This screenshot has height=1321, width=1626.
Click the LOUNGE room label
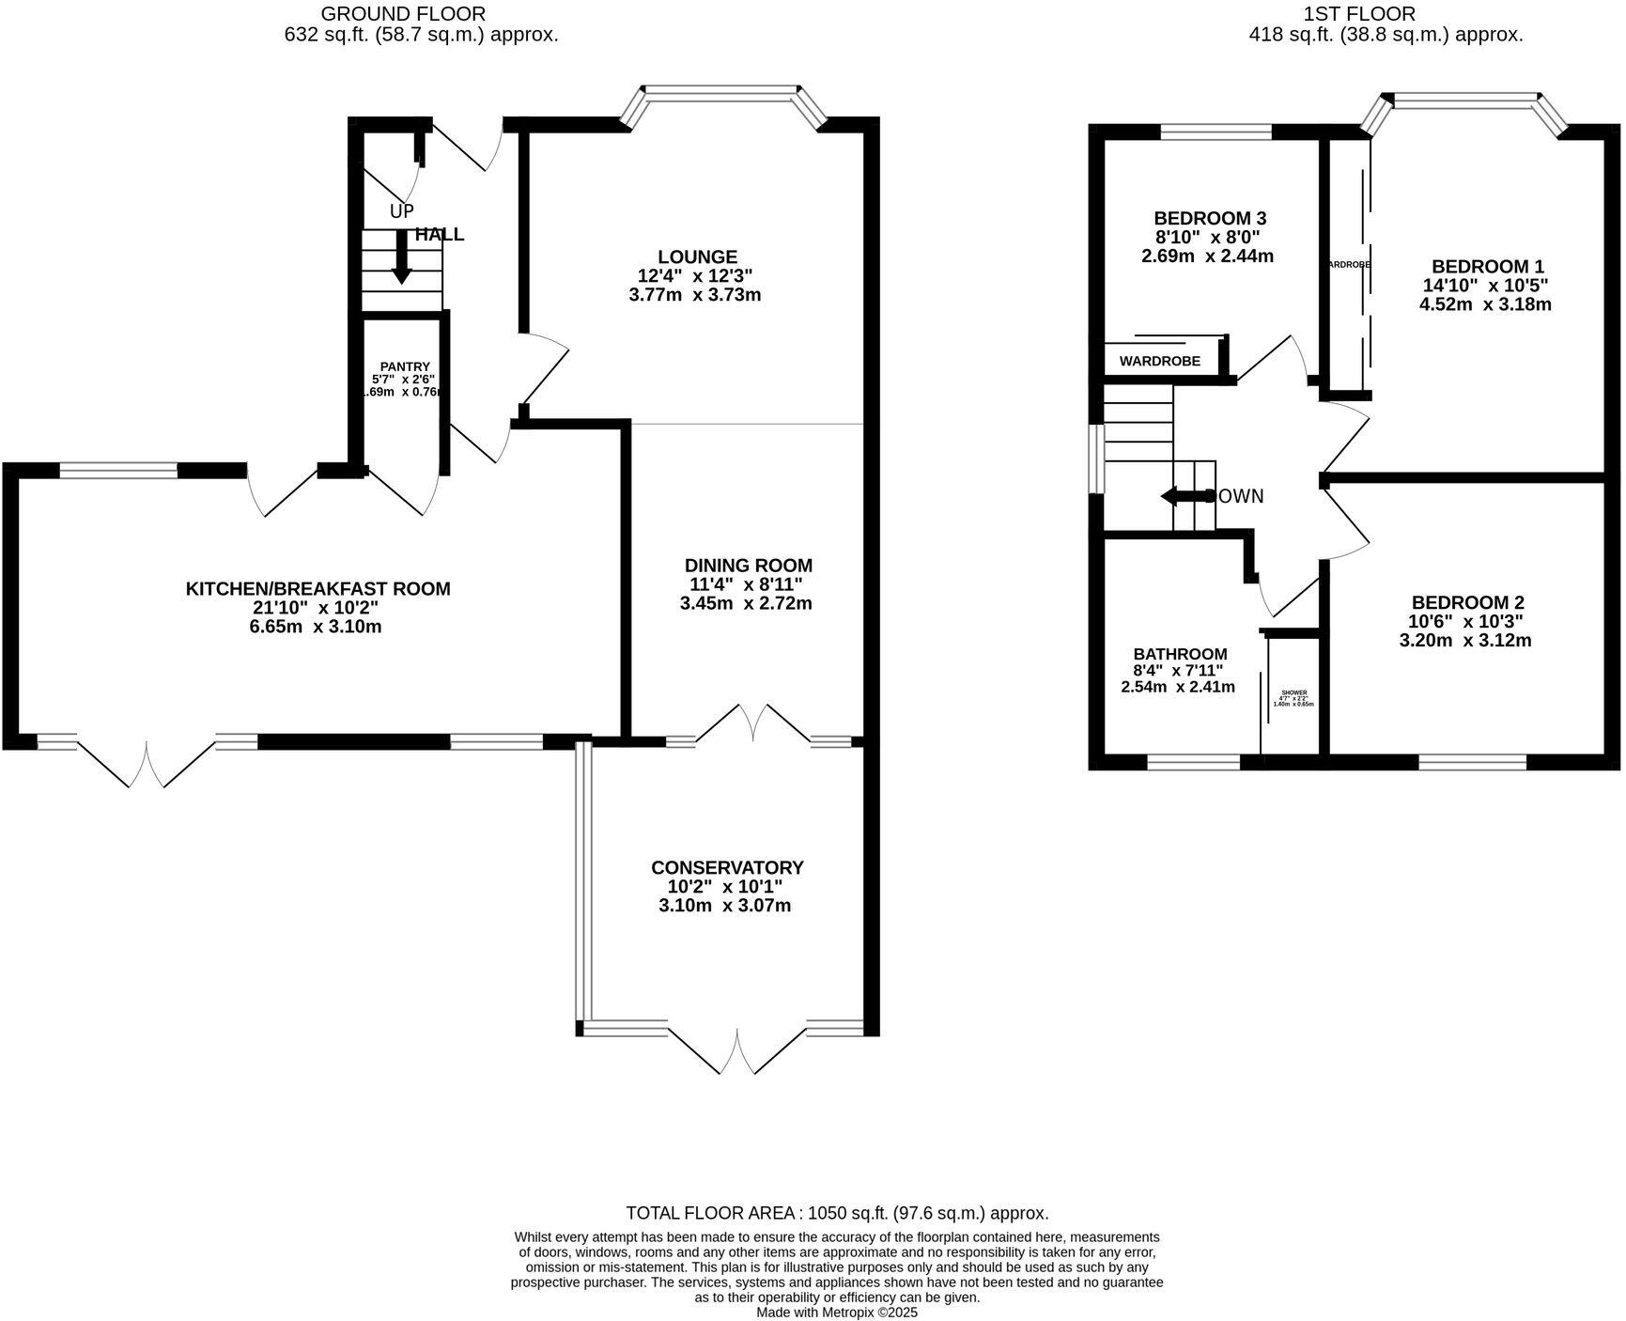[x=697, y=256]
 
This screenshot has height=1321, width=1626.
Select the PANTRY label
[x=405, y=366]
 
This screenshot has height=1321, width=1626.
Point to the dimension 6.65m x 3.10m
[x=316, y=627]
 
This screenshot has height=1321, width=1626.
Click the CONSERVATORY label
[x=727, y=867]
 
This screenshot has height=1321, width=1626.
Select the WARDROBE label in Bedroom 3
[x=1159, y=361]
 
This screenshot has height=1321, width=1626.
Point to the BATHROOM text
[x=1180, y=654]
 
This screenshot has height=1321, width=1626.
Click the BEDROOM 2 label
[x=1467, y=602]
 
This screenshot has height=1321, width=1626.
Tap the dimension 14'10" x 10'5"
[x=1485, y=285]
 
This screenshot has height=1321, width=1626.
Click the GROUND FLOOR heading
[x=403, y=13]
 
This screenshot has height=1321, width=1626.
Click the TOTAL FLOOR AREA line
[x=837, y=1213]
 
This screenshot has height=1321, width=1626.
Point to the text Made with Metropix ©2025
[x=837, y=1313]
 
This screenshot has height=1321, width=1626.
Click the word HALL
[x=440, y=234]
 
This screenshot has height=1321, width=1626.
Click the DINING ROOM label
[x=748, y=565]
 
